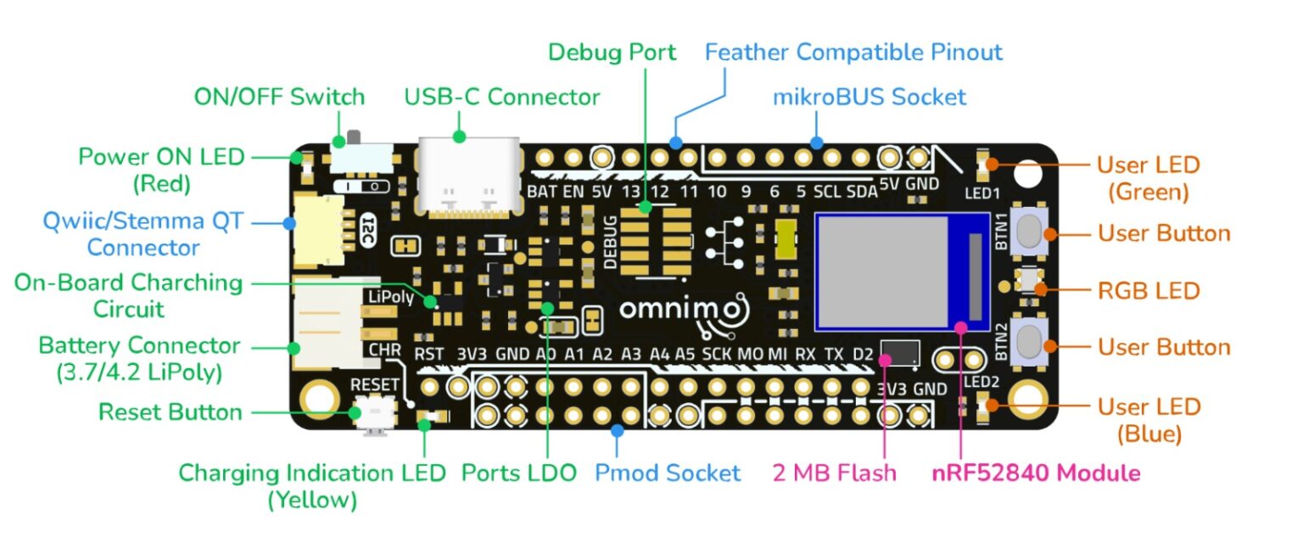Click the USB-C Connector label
(501, 97)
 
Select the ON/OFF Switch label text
(279, 97)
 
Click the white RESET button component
(374, 416)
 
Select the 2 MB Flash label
(834, 473)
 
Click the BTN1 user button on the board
(1027, 232)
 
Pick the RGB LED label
(1149, 290)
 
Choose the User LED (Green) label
(1149, 178)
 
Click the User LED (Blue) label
(1149, 420)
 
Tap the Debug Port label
(612, 53)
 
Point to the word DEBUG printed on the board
(610, 242)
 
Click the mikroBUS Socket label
(869, 97)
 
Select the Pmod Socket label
(667, 473)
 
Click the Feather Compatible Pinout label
(853, 53)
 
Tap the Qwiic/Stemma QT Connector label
(143, 235)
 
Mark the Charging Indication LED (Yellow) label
(311, 486)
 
